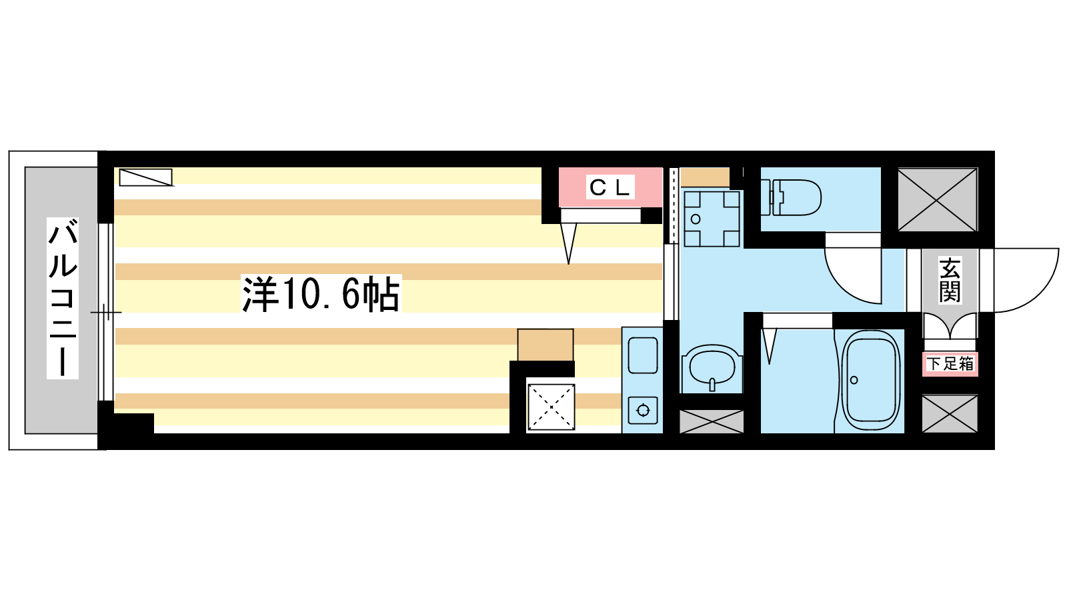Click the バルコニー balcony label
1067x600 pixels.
[63, 298]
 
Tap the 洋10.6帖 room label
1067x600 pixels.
[321, 293]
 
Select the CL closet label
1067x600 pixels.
[610, 187]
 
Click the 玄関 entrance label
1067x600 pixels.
[950, 279]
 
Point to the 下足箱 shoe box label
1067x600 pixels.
[950, 364]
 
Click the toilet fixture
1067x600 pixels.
[791, 197]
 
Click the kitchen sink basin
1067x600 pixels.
[643, 355]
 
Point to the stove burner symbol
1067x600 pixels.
[643, 411]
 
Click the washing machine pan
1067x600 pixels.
[712, 219]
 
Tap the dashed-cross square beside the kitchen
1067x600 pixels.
[551, 407]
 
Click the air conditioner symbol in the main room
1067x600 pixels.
[146, 177]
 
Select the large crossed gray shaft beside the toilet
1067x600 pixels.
[938, 200]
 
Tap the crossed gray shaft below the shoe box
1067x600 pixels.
[950, 413]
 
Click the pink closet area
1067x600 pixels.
[611, 187]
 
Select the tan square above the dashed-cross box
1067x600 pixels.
[546, 345]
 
